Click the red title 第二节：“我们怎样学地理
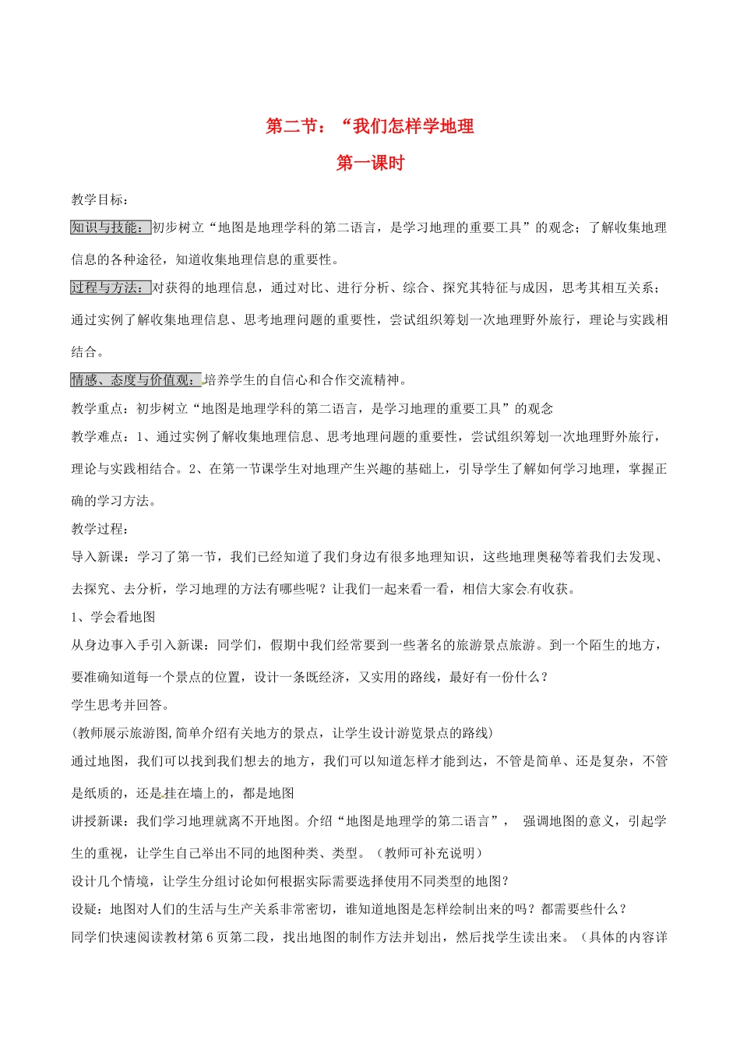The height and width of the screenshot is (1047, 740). tap(370, 126)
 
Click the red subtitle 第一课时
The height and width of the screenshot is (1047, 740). tap(370, 163)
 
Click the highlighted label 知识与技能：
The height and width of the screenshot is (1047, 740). tap(111, 227)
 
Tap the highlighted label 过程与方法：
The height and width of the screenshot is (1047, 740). tap(111, 287)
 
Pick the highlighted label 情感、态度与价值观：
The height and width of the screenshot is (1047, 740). tap(136, 380)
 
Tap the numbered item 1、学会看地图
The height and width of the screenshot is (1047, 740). tap(114, 617)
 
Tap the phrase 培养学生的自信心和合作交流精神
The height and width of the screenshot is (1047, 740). tap(301, 380)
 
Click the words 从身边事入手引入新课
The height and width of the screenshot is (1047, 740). tap(137, 645)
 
